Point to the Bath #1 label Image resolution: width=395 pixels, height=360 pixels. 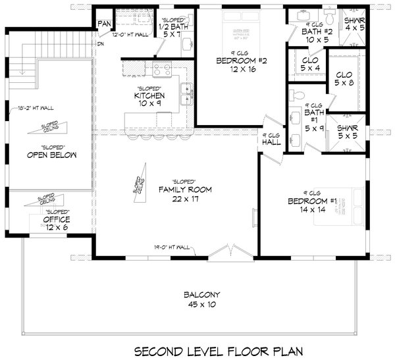[x=311, y=117]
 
